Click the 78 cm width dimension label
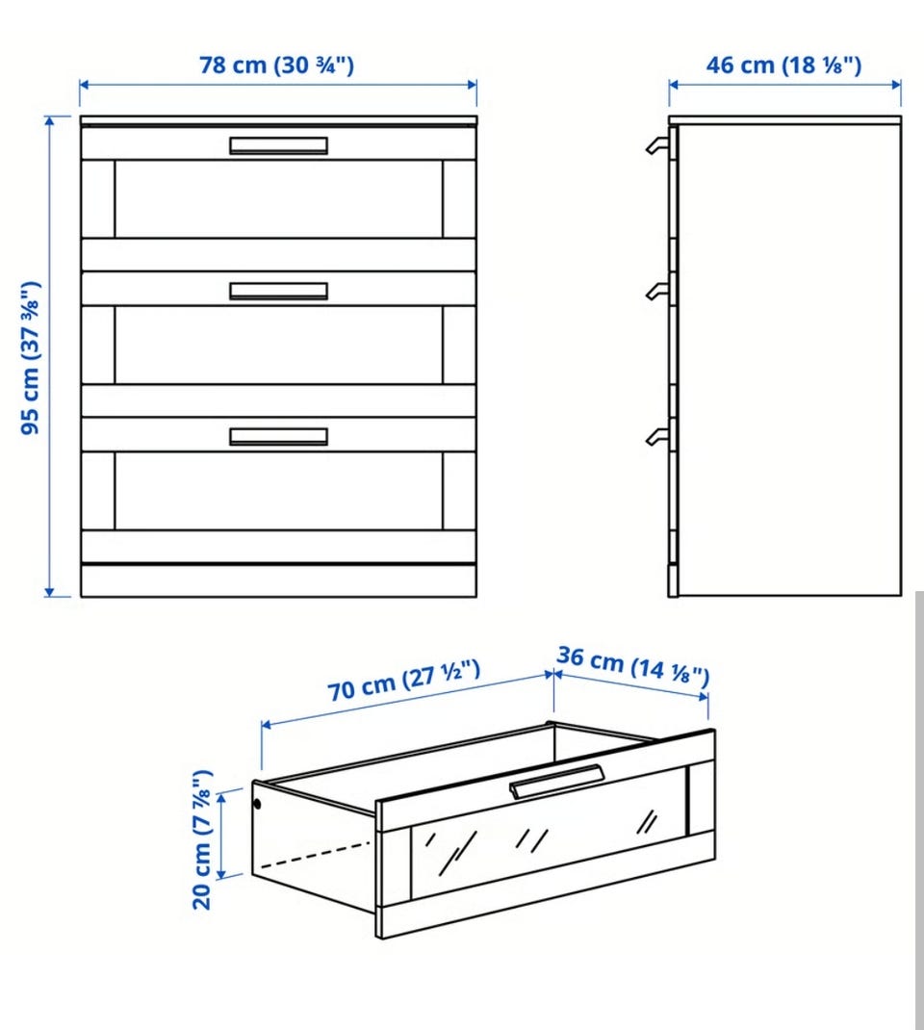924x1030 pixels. click(x=276, y=65)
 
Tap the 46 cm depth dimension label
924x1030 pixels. click(x=783, y=65)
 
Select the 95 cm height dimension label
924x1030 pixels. click(x=31, y=358)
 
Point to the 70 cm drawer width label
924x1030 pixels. click(x=404, y=681)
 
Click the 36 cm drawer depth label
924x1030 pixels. click(x=633, y=665)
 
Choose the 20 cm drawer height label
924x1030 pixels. click(x=202, y=839)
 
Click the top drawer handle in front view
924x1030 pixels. click(x=278, y=145)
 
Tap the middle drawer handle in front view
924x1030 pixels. click(x=278, y=291)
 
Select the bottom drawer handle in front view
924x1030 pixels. click(x=278, y=437)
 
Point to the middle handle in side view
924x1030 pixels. click(x=656, y=291)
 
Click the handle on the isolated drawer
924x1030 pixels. click(x=556, y=781)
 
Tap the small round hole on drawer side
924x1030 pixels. click(x=257, y=804)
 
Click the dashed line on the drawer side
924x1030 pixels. click(x=316, y=855)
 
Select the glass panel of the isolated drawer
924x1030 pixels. click(x=548, y=838)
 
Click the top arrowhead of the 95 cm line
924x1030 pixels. click(x=49, y=120)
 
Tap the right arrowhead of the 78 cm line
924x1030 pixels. click(x=472, y=85)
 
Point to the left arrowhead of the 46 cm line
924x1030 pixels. click(x=675, y=85)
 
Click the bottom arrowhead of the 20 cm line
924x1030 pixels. click(x=221, y=874)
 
